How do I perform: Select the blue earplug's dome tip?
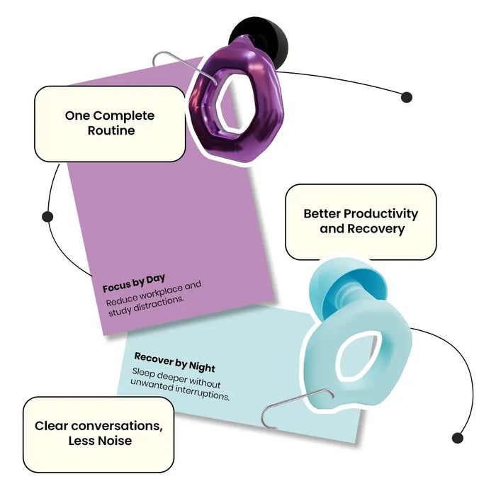tap(346, 285)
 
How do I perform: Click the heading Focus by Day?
tap(134, 283)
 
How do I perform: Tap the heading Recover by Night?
tap(174, 362)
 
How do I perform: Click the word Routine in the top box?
tap(111, 130)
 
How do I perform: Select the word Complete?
tap(124, 115)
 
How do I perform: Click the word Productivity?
tap(381, 214)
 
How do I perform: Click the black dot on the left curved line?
tap(47, 217)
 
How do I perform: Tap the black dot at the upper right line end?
tap(407, 97)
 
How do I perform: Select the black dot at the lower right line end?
tap(458, 438)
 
